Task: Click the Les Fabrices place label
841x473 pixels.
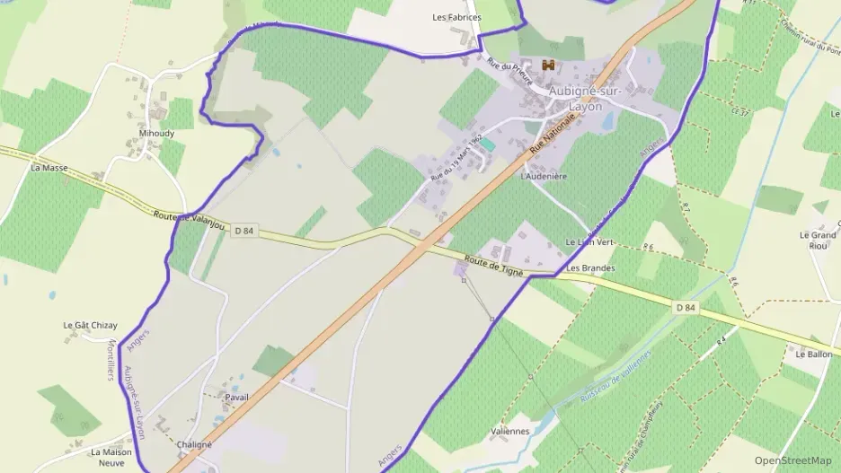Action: tap(456, 17)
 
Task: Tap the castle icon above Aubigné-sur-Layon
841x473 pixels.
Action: tap(548, 65)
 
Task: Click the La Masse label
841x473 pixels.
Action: tap(49, 168)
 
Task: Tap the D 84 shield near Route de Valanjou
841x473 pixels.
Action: tap(243, 231)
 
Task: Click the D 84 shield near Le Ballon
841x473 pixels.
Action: tap(686, 307)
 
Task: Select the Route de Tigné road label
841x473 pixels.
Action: tap(493, 265)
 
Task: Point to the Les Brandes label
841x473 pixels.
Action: tap(590, 268)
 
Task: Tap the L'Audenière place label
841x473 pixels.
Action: tap(544, 177)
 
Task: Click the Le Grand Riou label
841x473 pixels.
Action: tap(817, 240)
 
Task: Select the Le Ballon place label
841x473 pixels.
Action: tap(813, 355)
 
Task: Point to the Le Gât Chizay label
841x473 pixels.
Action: tap(90, 325)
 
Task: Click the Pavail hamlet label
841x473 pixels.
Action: tap(237, 397)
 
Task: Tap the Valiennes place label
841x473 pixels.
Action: tap(509, 431)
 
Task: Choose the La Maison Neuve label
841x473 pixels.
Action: tap(111, 457)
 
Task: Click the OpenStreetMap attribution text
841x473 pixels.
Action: tap(792, 460)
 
